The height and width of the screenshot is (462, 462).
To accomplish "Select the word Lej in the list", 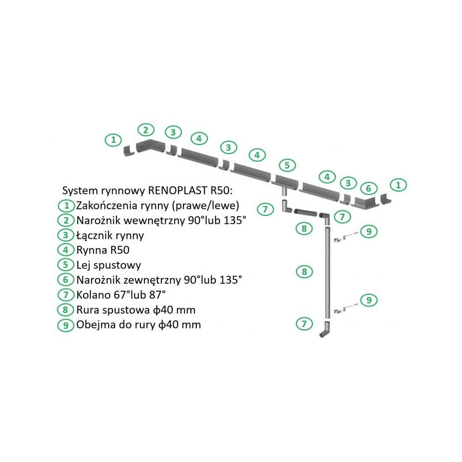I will pyautogui.click(x=84, y=265).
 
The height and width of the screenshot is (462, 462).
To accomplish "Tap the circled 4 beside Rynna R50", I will pyautogui.click(x=66, y=250).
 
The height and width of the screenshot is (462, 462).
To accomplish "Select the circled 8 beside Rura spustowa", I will pyautogui.click(x=66, y=310).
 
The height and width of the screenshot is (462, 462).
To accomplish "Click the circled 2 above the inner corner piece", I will pyautogui.click(x=146, y=129).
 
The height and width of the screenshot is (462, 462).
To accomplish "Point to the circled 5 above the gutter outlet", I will pyautogui.click(x=286, y=165).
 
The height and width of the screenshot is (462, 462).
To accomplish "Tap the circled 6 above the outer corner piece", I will pyautogui.click(x=368, y=188).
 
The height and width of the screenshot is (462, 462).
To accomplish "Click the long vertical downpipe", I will pyautogui.click(x=328, y=273).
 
